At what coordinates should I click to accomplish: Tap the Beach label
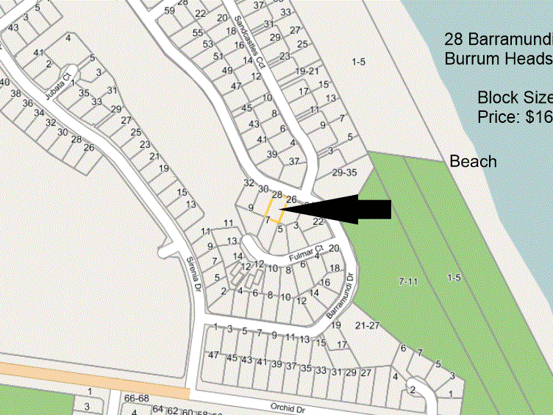click(x=473, y=161)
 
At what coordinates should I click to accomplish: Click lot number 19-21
click(x=307, y=71)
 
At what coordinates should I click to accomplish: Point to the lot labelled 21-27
click(x=365, y=325)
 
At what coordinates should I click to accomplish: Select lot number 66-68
click(x=136, y=398)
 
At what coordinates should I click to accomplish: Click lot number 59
click(x=170, y=10)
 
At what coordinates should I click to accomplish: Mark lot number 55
click(x=197, y=32)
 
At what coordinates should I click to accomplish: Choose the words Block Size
click(x=514, y=97)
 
